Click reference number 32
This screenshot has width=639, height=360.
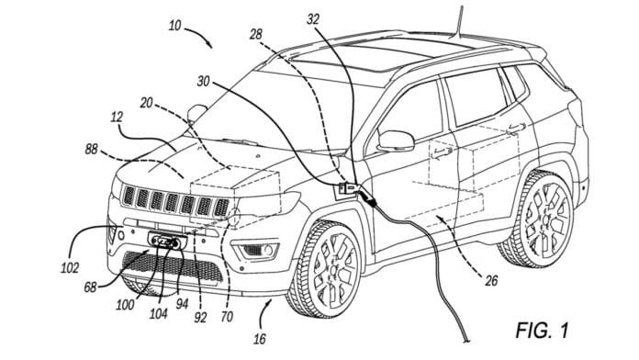314,17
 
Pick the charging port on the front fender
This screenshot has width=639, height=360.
349,188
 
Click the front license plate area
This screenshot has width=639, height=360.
167,242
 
